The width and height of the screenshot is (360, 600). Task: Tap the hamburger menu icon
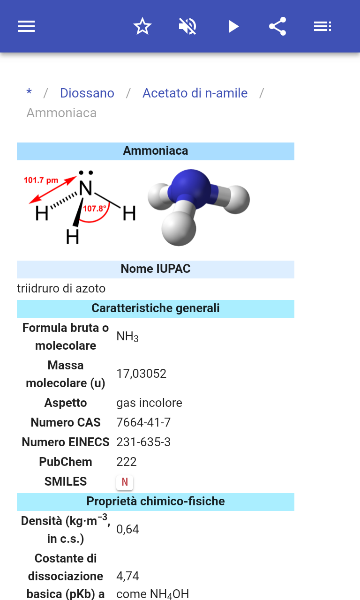click(x=26, y=26)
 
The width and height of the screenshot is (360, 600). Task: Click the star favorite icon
click(x=142, y=26)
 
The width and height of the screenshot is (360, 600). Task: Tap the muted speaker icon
click(x=187, y=26)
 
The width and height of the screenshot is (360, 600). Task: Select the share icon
click(x=278, y=26)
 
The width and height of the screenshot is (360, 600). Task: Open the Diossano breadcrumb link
click(x=87, y=93)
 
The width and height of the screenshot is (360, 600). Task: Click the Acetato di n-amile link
click(x=195, y=93)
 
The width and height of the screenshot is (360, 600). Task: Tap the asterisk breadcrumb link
click(x=29, y=92)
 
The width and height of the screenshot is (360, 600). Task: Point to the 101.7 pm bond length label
click(x=41, y=180)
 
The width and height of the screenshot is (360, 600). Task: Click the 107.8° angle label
click(x=95, y=209)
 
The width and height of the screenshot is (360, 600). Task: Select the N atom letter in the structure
click(x=86, y=188)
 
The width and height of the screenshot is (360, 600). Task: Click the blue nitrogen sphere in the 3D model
click(x=191, y=189)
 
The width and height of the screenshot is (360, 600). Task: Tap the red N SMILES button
click(x=125, y=482)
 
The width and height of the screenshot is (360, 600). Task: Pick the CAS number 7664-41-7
click(x=143, y=422)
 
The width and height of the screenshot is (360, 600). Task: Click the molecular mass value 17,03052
click(x=142, y=374)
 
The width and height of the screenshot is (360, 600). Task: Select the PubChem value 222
click(x=127, y=462)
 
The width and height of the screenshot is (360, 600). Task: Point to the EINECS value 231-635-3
click(x=143, y=442)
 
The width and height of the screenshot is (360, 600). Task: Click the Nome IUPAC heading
click(x=156, y=269)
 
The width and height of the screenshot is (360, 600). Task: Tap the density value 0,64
click(x=128, y=529)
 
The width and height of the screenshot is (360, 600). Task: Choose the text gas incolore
click(x=149, y=403)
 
